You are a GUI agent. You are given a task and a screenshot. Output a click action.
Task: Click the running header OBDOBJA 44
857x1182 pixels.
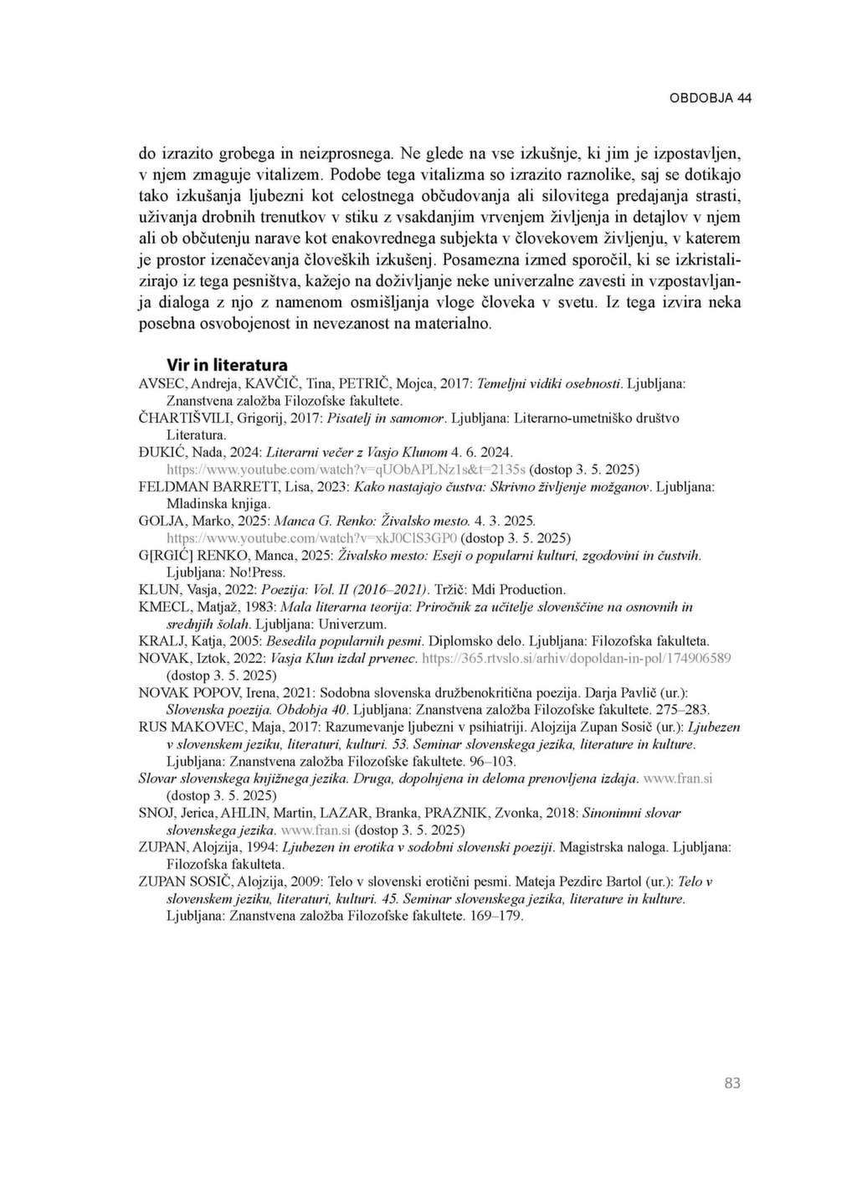tap(710, 98)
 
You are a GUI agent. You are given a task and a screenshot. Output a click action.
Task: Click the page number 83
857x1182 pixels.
tap(732, 1083)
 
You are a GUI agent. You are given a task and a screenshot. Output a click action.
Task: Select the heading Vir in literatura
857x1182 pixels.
tap(227, 365)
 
